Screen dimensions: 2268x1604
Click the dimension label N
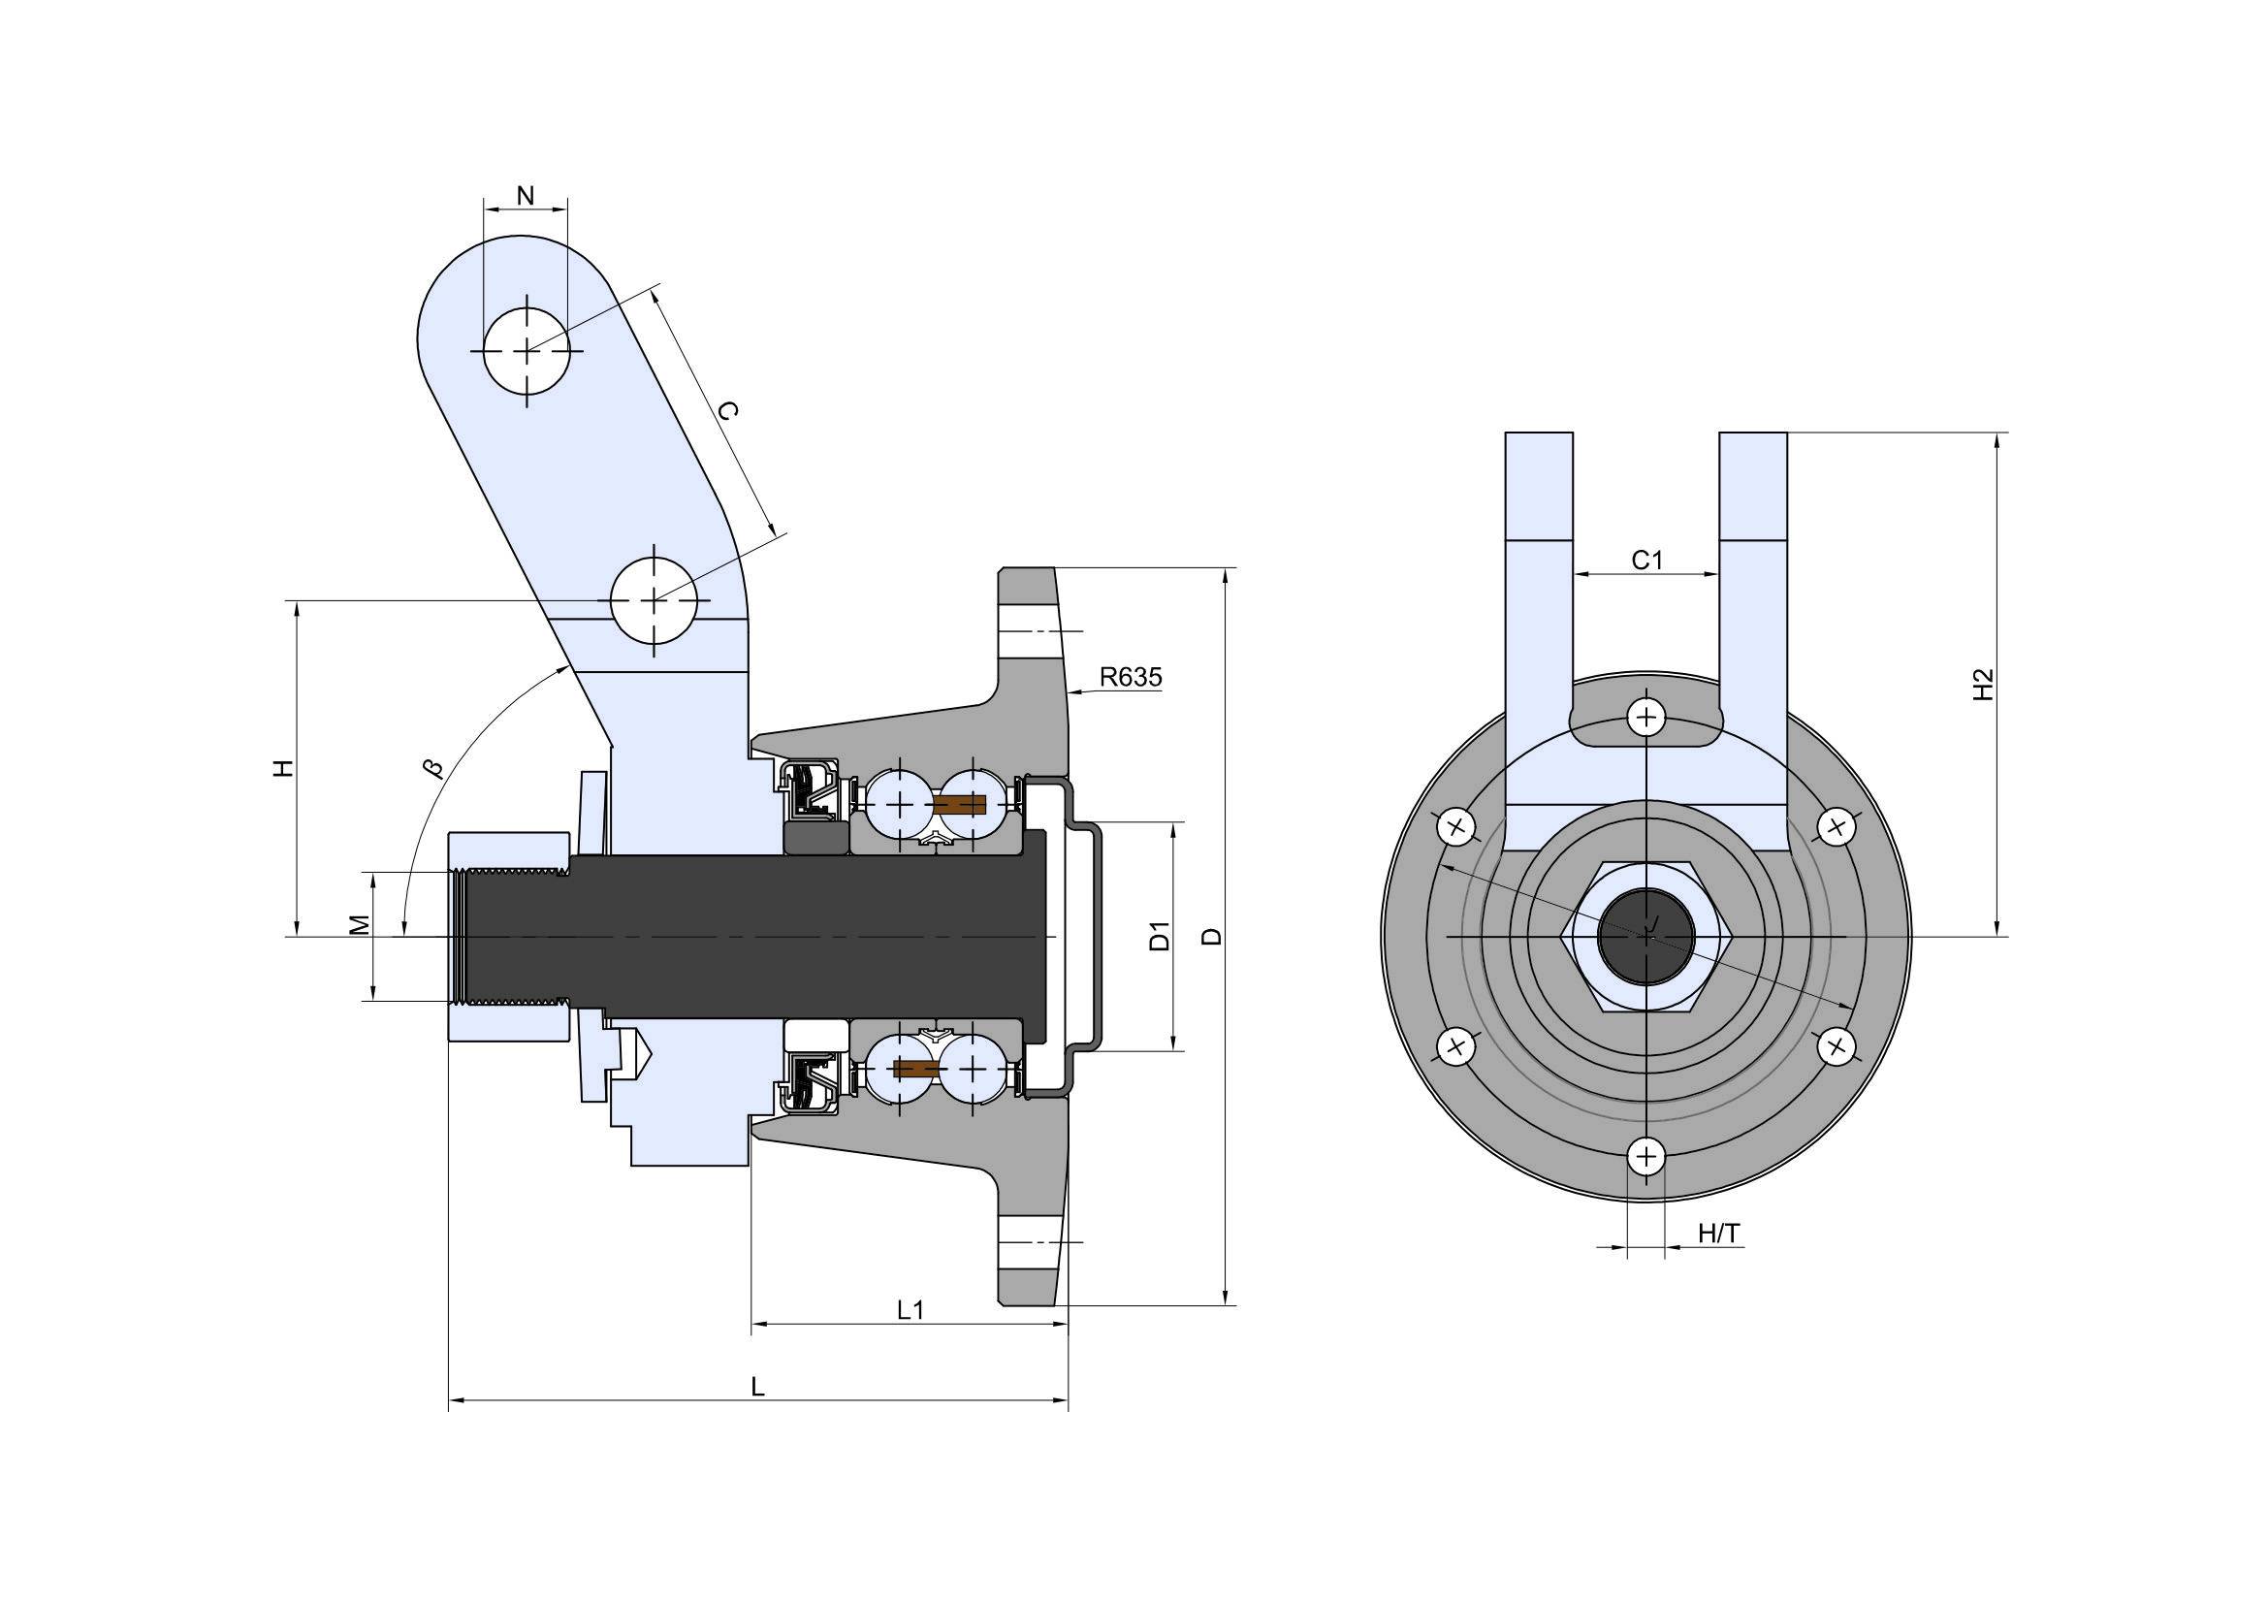(x=526, y=196)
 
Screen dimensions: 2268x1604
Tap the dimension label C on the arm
(x=726, y=411)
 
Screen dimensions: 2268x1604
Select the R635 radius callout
(x=1131, y=677)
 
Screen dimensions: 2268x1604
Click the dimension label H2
(x=1983, y=686)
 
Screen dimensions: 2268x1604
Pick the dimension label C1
(x=1646, y=560)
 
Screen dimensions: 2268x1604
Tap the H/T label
(x=1720, y=1233)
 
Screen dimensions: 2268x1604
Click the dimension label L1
(x=910, y=1309)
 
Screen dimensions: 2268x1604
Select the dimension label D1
(x=1160, y=934)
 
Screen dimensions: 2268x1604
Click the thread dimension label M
(x=361, y=924)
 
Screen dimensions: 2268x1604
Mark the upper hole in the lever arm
(x=527, y=351)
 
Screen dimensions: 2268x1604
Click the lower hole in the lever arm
(x=654, y=599)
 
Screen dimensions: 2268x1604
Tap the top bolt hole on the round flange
(x=1645, y=716)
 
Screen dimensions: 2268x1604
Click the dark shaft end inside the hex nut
(x=1645, y=935)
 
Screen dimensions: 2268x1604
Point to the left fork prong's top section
(x=1539, y=486)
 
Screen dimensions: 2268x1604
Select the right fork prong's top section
(x=1753, y=486)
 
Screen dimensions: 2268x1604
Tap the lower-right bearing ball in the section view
(x=973, y=1068)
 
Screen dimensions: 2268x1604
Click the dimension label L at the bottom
(x=757, y=1387)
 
